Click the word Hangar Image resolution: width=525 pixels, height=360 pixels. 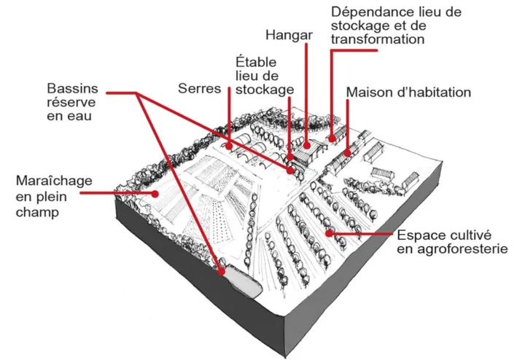(x=290, y=34)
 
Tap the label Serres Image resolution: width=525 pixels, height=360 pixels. (x=200, y=89)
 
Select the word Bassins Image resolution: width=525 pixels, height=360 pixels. (x=72, y=88)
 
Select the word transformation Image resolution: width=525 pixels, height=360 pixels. (x=377, y=39)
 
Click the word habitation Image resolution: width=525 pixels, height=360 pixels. (x=435, y=93)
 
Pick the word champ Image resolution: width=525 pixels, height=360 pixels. (x=37, y=212)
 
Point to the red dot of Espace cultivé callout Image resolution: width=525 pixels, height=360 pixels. (x=330, y=233)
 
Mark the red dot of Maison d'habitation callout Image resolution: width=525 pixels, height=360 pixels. (x=346, y=152)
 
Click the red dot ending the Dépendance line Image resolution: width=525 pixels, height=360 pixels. (x=332, y=136)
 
